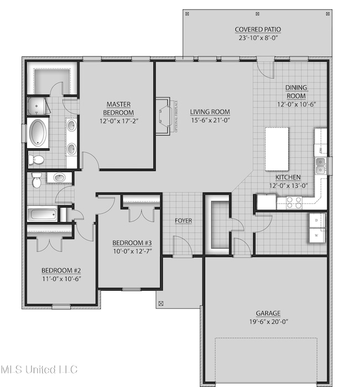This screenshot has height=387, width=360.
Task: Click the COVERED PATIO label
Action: pos(258,30)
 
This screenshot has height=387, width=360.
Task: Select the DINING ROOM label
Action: pos(296,91)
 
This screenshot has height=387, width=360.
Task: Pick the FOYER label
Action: pos(183,220)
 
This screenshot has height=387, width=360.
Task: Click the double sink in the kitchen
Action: pos(320,164)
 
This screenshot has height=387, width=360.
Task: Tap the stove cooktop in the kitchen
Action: pos(293,202)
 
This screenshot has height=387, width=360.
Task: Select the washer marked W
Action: pos(316,235)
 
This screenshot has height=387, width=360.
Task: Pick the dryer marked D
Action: pos(316,220)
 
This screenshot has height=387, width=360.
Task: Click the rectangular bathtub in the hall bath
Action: pos(42,214)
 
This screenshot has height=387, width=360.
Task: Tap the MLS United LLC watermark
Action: pos(39,369)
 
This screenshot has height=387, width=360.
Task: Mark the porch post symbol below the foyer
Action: pos(162,303)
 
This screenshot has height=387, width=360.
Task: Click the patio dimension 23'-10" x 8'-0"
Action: pos(258,39)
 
